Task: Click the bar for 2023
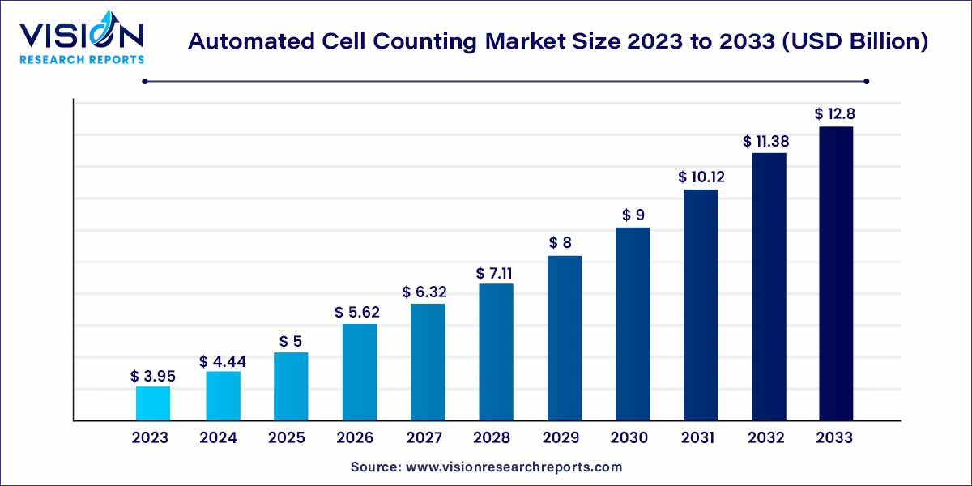(153, 403)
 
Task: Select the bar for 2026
(359, 372)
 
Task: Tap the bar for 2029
(565, 338)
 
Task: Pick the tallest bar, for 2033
(835, 273)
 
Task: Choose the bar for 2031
(701, 305)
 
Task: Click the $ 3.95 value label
(153, 377)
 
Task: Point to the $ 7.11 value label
(496, 274)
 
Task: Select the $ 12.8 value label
(835, 115)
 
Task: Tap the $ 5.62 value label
(358, 313)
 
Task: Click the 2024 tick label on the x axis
(218, 438)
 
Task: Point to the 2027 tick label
(424, 438)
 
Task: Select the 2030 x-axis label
(629, 438)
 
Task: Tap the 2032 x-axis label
(766, 438)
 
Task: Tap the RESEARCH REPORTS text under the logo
(81, 59)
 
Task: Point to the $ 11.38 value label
(765, 142)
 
